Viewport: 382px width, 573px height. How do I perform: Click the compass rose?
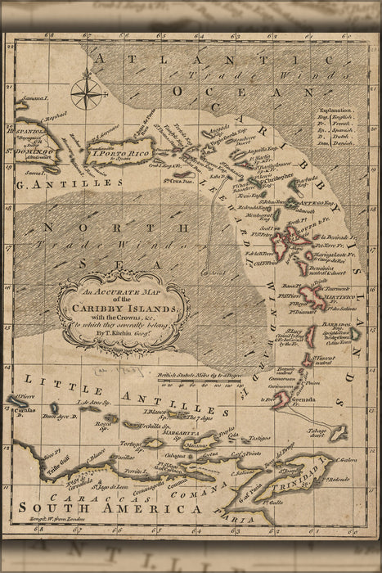coord(86,92)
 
